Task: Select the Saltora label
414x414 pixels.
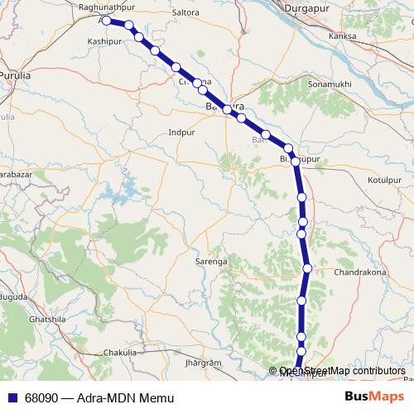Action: [x=184, y=13]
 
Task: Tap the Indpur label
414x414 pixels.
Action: [x=181, y=132]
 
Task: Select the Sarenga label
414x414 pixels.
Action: [x=211, y=261]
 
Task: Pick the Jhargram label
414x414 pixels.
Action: [x=205, y=363]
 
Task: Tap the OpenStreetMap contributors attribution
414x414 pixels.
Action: [x=343, y=371]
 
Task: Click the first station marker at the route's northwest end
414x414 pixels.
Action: [x=106, y=21]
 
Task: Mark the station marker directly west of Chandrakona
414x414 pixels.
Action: [x=307, y=268]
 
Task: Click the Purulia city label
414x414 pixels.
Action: [x=15, y=75]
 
